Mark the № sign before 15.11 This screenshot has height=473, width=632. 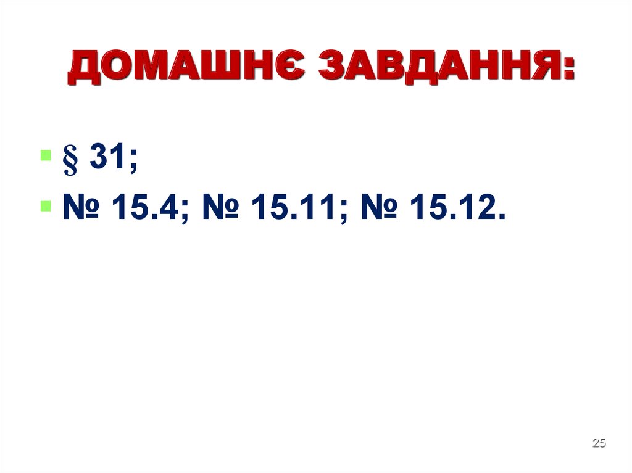pos(220,210)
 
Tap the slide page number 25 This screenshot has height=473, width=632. pos(599,443)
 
